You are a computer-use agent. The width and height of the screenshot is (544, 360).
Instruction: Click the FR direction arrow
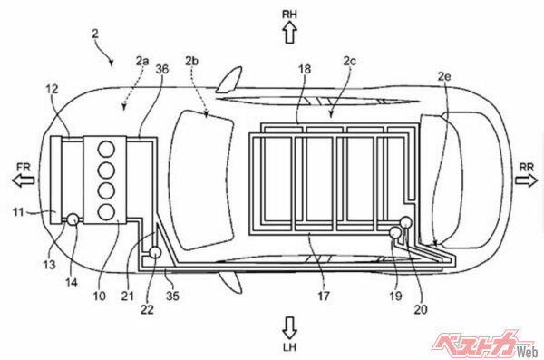(x=23, y=180)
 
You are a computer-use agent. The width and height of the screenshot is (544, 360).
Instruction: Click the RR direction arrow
(x=526, y=180)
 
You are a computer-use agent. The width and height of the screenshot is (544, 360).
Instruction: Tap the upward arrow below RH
(x=290, y=33)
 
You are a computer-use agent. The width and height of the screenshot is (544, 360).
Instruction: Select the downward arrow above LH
(x=290, y=327)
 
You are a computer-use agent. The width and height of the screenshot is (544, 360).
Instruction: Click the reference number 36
(x=162, y=69)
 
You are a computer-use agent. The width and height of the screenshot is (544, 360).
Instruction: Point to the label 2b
(x=191, y=61)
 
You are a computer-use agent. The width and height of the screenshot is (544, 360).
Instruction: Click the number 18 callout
(x=305, y=69)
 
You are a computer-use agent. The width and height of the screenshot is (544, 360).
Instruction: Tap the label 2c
(x=350, y=61)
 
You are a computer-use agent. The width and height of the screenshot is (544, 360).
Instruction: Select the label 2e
(x=444, y=76)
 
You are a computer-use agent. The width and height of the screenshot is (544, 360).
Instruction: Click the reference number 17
(x=324, y=296)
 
